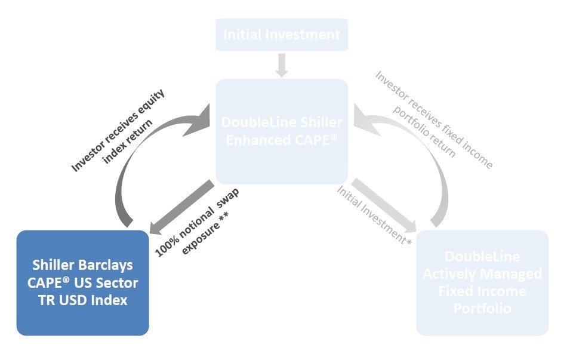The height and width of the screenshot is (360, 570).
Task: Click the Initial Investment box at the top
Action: [x=282, y=35]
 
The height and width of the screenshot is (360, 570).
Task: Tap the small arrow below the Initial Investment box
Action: [x=282, y=64]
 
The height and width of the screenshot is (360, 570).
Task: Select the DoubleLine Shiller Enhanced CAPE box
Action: [x=282, y=131]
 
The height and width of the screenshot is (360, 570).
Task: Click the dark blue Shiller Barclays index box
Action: [x=82, y=282]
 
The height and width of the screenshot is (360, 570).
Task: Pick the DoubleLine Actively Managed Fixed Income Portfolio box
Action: [x=482, y=282]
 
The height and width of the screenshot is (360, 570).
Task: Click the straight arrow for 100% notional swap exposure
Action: [x=182, y=206]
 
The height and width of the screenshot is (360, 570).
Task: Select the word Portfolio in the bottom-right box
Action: [x=482, y=309]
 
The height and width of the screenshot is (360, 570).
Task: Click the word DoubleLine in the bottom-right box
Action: [x=482, y=257]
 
